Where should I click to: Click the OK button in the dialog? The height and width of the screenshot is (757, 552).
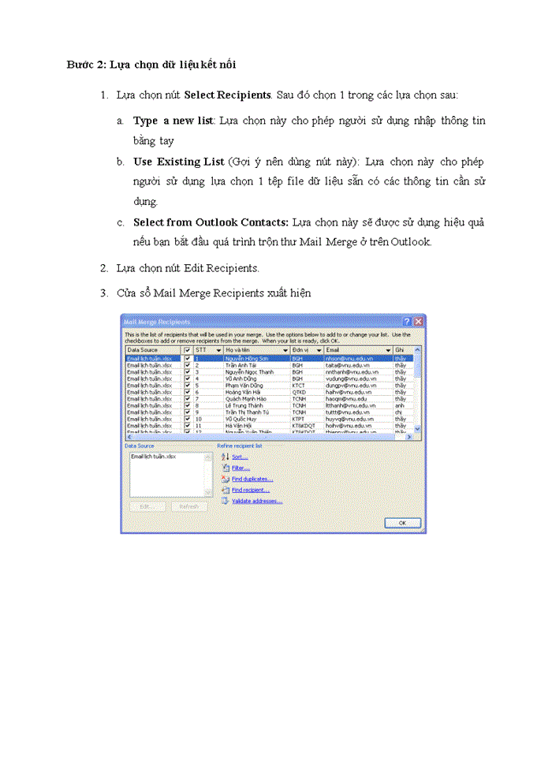tap(402, 523)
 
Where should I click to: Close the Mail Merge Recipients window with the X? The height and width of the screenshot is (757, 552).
tap(419, 322)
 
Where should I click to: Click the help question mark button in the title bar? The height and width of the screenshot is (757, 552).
tap(407, 322)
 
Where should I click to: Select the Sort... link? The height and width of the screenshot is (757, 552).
tap(239, 457)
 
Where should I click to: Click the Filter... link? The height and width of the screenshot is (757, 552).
tap(240, 468)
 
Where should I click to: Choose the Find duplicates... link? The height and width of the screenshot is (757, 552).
tap(252, 479)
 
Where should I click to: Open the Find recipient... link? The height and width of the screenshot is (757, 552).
tap(251, 490)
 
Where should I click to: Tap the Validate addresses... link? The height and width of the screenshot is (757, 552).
tap(256, 501)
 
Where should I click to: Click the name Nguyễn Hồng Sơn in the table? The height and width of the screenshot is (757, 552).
tap(248, 358)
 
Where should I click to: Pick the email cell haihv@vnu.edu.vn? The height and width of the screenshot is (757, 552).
tap(347, 392)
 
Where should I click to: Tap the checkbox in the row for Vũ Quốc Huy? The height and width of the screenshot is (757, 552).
tap(187, 419)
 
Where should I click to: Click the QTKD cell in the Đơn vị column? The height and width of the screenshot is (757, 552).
tap(298, 392)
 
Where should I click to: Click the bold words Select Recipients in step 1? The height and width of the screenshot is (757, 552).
tap(227, 95)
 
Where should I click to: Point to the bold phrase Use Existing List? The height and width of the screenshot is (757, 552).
tap(178, 162)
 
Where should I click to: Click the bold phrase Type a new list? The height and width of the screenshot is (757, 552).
tap(173, 121)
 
